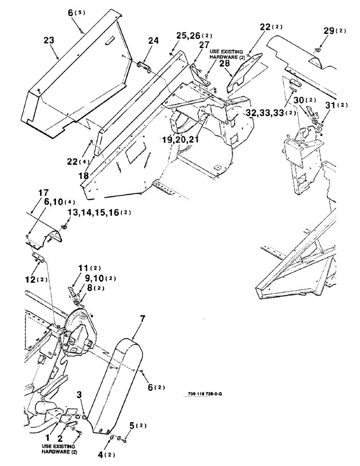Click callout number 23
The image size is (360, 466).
[x=48, y=41]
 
